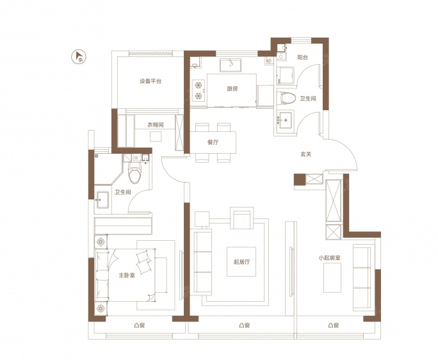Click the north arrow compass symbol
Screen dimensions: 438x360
click(79, 57)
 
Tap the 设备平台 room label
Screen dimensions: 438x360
click(150, 81)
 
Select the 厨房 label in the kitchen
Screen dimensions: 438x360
click(232, 89)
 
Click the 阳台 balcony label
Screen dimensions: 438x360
click(302, 57)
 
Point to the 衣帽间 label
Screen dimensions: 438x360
click(156, 125)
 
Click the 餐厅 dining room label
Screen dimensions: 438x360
click(213, 142)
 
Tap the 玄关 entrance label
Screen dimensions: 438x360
click(306, 154)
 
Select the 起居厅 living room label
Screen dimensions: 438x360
click(241, 262)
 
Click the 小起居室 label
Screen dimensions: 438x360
click(330, 258)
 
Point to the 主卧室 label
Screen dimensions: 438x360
click(127, 275)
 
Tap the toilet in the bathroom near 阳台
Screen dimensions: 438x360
click(286, 99)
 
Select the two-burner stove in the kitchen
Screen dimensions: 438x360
click(199, 90)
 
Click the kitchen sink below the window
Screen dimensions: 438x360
click(230, 65)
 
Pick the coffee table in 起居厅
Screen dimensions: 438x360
click(241, 261)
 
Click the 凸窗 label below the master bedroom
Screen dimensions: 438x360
click(139, 325)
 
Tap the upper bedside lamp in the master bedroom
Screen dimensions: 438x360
click(101, 241)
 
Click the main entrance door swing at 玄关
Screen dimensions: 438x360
click(343, 154)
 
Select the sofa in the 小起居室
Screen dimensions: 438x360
click(364, 277)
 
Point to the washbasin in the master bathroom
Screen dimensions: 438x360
click(102, 200)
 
